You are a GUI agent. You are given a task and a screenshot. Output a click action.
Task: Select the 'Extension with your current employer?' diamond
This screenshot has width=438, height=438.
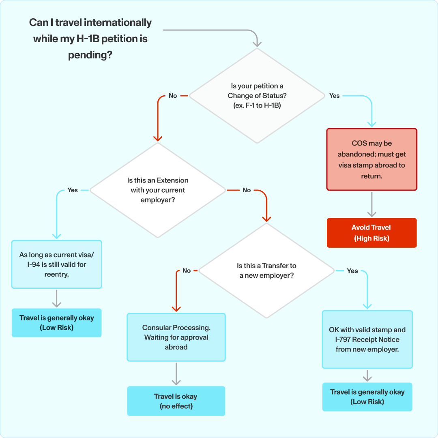(157, 190)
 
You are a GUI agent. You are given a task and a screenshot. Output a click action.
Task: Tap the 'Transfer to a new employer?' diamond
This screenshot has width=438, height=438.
(266, 271)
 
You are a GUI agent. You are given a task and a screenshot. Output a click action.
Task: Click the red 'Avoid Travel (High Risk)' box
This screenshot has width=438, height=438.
(371, 233)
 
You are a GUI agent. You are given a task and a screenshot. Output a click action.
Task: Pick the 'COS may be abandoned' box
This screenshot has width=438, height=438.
(371, 160)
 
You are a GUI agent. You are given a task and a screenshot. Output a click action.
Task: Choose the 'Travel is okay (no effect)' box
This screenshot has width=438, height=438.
(176, 401)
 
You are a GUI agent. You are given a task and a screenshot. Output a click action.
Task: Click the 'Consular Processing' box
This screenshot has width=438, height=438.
(176, 337)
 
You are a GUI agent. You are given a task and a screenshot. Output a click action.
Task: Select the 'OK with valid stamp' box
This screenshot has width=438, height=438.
(367, 339)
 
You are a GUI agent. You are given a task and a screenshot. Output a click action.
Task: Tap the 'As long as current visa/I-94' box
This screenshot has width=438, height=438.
(56, 264)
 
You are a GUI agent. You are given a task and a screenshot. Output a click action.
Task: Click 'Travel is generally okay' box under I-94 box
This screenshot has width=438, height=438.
(56, 323)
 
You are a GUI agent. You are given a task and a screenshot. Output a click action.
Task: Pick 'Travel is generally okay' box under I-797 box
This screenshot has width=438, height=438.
(367, 397)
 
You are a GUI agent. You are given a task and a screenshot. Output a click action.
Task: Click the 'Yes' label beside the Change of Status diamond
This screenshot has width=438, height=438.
(334, 96)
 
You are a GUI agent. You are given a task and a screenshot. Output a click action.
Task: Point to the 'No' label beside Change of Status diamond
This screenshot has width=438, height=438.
(173, 96)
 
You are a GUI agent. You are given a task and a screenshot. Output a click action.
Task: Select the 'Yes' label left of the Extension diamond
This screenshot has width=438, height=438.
(73, 190)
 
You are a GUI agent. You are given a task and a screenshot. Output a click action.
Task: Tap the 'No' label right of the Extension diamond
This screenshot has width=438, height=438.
(247, 190)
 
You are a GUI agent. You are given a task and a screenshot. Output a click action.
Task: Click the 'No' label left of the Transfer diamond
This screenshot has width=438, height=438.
(187, 271)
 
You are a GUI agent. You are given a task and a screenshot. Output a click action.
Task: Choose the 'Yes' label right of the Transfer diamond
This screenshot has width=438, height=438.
(352, 271)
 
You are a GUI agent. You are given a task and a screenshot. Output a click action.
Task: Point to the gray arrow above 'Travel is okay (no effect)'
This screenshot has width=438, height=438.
(176, 374)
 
